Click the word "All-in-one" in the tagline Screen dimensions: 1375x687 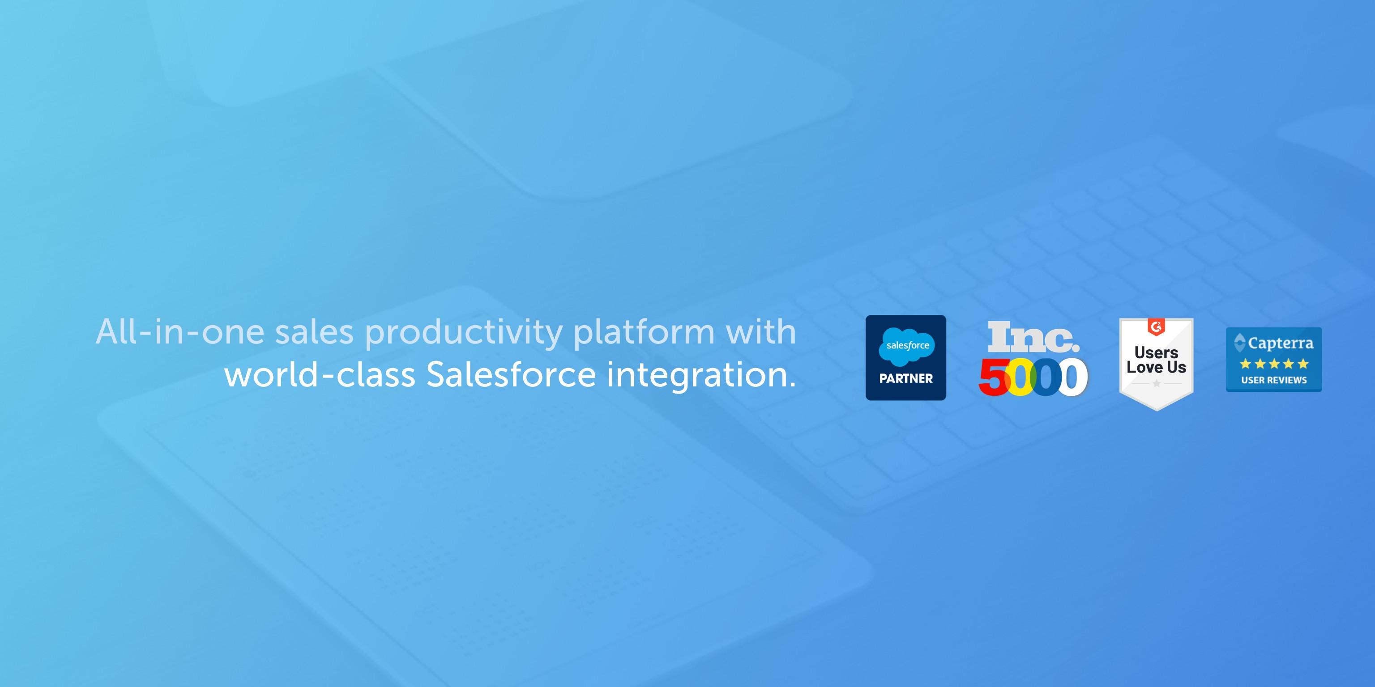point(180,332)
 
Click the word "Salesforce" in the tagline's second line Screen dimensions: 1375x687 point(511,374)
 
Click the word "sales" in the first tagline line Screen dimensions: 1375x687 point(314,332)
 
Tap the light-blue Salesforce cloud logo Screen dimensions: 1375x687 point(907,346)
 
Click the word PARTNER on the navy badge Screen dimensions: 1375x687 point(906,379)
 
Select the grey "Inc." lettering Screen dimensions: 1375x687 point(1033,338)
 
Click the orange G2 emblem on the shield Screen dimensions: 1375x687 point(1156,327)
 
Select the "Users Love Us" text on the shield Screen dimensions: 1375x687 point(1156,360)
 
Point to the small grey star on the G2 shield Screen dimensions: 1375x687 point(1156,383)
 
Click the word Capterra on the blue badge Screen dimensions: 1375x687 point(1281,343)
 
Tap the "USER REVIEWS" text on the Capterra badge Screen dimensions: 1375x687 point(1273,380)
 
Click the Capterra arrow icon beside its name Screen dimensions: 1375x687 point(1239,343)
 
